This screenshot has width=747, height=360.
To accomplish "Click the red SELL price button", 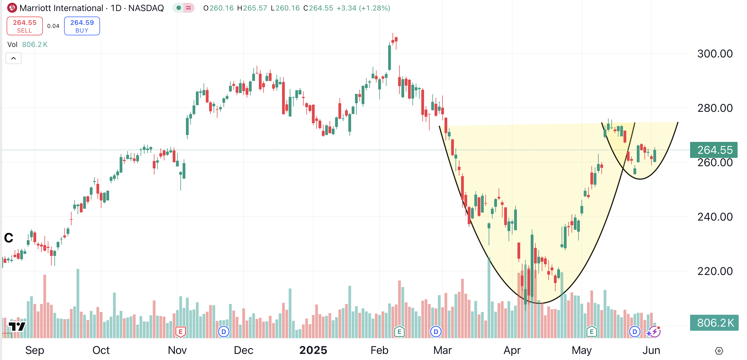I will pos(25,26).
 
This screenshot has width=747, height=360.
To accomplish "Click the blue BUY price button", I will pos(82,26).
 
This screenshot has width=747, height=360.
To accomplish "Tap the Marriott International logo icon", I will pos(12,8).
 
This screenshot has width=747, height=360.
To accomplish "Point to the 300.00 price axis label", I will pos(714,54).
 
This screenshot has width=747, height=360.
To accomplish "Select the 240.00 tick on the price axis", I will pos(714,217).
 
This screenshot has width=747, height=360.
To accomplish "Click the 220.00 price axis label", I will pos(714,271).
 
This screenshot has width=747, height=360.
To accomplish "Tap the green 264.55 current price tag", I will pos(714,150).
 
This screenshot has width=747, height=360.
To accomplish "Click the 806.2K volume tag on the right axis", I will pos(714,323).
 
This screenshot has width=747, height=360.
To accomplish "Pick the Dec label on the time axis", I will pos(243,350).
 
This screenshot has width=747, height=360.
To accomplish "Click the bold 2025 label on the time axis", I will pos(313,350).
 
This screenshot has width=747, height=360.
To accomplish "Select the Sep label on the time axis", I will pos(35,350).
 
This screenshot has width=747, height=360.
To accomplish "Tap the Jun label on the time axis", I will pos(651,350).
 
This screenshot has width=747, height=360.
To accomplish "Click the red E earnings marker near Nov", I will pos(180,332).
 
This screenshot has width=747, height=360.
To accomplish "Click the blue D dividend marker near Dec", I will pos(223,332).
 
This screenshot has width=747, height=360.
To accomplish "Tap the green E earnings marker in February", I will pos(399,332).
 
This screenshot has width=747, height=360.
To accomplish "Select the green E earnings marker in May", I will pos(591,332).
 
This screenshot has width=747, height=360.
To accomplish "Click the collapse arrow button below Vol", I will pos(14,58).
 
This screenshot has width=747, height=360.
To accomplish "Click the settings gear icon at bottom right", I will pos(719,351).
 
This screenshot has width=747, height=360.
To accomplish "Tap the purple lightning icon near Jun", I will pos(654,332).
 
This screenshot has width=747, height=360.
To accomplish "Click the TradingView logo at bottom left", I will pos(17,326).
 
